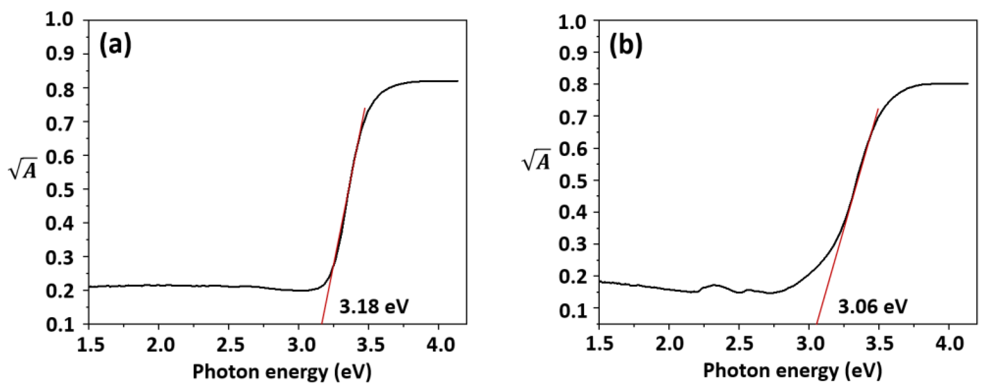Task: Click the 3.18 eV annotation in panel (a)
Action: click(x=374, y=307)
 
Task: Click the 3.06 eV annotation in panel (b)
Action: click(x=872, y=307)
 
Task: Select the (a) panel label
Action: click(x=115, y=45)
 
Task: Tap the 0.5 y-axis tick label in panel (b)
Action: click(x=572, y=180)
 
